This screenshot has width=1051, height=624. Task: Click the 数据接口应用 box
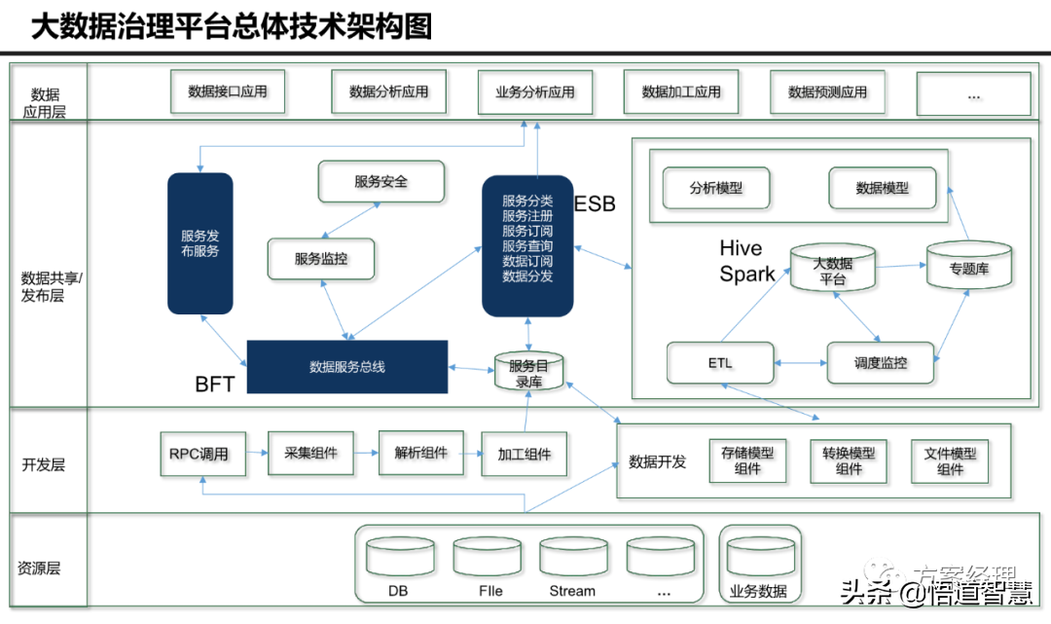pyautogui.click(x=227, y=92)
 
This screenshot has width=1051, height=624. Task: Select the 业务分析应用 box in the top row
pyautogui.click(x=534, y=92)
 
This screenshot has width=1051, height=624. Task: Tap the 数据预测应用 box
pyautogui.click(x=827, y=92)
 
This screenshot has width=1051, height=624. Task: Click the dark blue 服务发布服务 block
pyautogui.click(x=199, y=243)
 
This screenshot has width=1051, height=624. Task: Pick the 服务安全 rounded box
pyautogui.click(x=381, y=182)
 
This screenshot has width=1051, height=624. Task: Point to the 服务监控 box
pyautogui.click(x=321, y=259)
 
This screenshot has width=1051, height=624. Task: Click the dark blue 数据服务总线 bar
pyautogui.click(x=347, y=367)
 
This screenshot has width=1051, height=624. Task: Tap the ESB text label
pyautogui.click(x=595, y=204)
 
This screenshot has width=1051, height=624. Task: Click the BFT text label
pyautogui.click(x=214, y=385)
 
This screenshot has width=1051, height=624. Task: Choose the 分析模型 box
pyautogui.click(x=715, y=188)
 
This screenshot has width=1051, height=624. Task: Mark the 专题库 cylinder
pyautogui.click(x=968, y=265)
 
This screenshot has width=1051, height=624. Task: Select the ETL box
pyautogui.click(x=720, y=363)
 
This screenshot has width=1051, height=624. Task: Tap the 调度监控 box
pyautogui.click(x=880, y=363)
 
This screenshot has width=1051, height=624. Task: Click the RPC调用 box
pyautogui.click(x=199, y=454)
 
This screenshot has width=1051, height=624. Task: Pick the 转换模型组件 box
pyautogui.click(x=849, y=460)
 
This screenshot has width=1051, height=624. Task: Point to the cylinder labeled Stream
pyautogui.click(x=572, y=562)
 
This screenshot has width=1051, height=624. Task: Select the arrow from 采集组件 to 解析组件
pyautogui.click(x=365, y=454)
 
